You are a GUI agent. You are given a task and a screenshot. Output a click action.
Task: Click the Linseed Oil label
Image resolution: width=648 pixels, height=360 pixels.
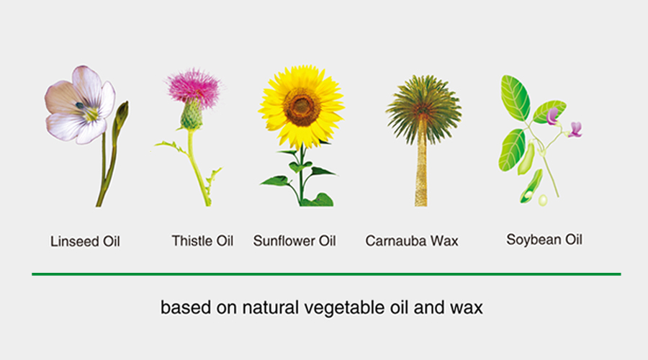click(85, 241)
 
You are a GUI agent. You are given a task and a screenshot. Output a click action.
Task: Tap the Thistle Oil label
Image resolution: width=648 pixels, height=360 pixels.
click(202, 240)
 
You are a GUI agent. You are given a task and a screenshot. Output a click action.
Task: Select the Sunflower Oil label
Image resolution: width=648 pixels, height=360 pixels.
click(294, 240)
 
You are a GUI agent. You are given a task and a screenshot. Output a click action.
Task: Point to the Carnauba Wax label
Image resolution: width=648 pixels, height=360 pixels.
click(412, 240)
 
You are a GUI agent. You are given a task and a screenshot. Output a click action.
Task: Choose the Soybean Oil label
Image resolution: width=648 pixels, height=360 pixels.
click(544, 239)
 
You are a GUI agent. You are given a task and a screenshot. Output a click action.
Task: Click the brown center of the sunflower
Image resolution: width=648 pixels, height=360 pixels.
click(302, 107)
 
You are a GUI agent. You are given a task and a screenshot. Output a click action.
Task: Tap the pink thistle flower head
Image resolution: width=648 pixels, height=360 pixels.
click(194, 87)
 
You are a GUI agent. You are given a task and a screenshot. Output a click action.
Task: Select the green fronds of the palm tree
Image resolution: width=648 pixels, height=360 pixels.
click(423, 107)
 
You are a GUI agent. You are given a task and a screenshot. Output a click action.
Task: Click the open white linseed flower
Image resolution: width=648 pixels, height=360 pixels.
click(80, 105)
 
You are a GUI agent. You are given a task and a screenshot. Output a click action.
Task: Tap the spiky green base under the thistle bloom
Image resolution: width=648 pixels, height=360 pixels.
click(192, 116)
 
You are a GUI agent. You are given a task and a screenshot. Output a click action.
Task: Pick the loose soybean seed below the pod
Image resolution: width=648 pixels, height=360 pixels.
click(543, 200)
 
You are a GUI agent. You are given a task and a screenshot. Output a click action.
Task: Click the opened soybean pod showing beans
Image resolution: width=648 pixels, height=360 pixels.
click(531, 186)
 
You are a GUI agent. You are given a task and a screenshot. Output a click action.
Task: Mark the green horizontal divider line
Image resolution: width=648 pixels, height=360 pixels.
click(326, 274)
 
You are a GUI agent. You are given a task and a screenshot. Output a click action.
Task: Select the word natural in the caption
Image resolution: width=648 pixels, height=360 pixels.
click(270, 307)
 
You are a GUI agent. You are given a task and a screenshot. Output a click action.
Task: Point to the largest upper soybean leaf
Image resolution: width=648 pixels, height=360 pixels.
click(515, 97)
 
